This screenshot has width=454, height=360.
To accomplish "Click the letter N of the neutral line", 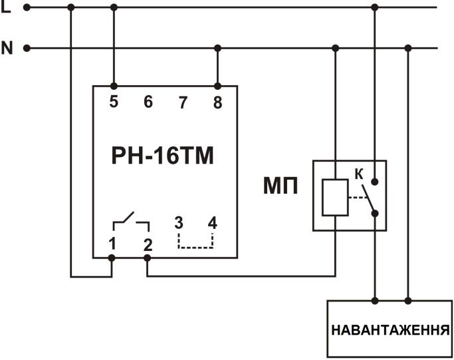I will pyautogui.click(x=7, y=48).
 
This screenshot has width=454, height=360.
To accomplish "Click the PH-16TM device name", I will pyautogui.click(x=163, y=156).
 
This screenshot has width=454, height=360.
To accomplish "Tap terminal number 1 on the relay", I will pyautogui.click(x=113, y=243).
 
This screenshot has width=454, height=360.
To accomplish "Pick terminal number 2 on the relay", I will pyautogui.click(x=148, y=243).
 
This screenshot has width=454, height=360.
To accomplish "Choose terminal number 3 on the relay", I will pyautogui.click(x=178, y=223).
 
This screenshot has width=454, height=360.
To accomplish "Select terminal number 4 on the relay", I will pyautogui.click(x=213, y=223).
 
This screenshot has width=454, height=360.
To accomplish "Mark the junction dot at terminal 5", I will pyautogui.click(x=114, y=86).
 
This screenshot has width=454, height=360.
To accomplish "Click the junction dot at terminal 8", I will pyautogui.click(x=217, y=86).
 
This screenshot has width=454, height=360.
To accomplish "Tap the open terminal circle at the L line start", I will pyautogui.click(x=27, y=7).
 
